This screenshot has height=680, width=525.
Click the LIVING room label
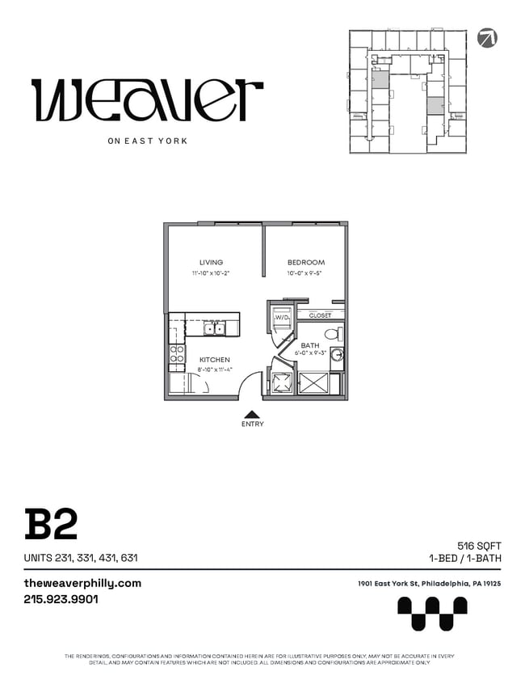coord(211,262)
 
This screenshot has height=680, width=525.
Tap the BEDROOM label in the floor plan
coord(306,262)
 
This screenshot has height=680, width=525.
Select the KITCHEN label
coord(215,359)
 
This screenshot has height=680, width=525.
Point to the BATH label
coord(310,345)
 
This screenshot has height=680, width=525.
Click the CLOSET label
coord(319,315)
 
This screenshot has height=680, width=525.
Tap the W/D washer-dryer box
coord(281,319)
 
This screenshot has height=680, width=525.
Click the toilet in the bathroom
coord(331,333)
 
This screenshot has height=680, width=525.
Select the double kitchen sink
coord(214,328)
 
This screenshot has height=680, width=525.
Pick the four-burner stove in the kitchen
coord(177,353)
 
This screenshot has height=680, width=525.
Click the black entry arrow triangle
coord(252,413)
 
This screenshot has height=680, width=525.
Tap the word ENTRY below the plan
coord(252,424)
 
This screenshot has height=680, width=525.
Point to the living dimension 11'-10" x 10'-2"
coord(211,274)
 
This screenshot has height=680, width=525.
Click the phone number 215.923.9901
coord(61,600)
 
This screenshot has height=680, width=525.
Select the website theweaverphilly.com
coord(82,583)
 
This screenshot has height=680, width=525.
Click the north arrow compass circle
coord(487,37)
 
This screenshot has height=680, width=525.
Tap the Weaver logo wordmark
coord(147,100)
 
